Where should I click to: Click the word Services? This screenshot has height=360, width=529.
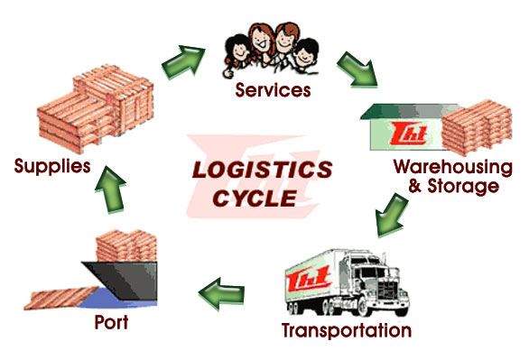click(x=273, y=90)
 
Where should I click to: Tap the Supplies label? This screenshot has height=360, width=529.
click(x=52, y=167)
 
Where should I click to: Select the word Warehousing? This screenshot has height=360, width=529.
click(x=453, y=168)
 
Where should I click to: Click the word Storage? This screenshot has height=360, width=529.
click(x=463, y=187)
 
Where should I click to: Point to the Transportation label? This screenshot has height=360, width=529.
click(x=347, y=330)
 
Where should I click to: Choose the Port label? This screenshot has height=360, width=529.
click(x=111, y=322)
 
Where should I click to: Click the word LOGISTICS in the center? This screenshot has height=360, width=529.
click(x=262, y=170)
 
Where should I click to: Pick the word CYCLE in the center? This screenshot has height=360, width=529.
click(x=255, y=198)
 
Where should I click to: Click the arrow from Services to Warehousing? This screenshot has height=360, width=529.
click(x=357, y=69)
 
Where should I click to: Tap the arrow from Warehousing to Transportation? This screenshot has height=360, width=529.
click(x=392, y=216)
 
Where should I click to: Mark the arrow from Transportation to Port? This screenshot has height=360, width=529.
click(x=222, y=293)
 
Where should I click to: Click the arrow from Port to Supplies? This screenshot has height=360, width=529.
click(x=110, y=189)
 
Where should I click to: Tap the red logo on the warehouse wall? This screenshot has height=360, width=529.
click(x=409, y=134)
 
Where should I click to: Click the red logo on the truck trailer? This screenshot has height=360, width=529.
click(x=308, y=279)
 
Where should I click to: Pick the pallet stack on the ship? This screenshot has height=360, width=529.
click(x=126, y=245)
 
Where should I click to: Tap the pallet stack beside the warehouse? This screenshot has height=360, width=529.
click(x=477, y=127)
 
